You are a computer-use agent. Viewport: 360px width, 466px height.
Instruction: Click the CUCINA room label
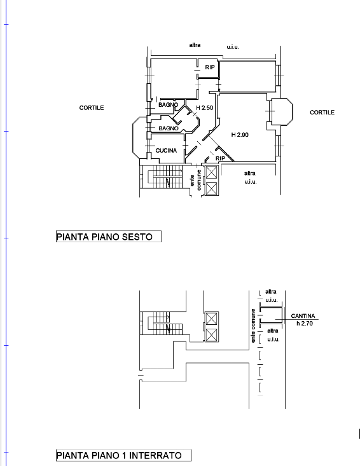pos(166,151)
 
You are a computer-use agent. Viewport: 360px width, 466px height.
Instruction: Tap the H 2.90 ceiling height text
pos(240,135)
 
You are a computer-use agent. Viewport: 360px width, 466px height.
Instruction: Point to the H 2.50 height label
pos(205,107)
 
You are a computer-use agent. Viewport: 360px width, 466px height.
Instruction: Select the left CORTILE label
pos(92,107)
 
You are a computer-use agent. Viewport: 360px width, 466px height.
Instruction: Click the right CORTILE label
pos(322,113)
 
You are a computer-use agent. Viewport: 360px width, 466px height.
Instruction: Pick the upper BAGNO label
pos(169,105)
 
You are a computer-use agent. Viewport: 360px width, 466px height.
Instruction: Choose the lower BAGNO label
pos(169,128)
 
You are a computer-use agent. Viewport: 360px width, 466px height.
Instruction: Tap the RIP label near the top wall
pos(210,67)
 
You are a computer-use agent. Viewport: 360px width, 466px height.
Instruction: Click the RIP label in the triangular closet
pos(220,158)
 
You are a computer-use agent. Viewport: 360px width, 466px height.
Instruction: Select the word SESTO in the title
pos(137,237)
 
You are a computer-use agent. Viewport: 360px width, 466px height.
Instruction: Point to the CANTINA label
pos(303,316)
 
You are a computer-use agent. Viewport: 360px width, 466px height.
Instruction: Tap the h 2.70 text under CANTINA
pos(305,324)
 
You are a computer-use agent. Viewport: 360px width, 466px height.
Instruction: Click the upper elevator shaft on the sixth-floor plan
pos(211,172)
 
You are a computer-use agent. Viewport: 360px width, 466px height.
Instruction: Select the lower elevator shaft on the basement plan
pos(211,335)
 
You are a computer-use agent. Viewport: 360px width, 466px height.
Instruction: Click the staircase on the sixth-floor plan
pos(162,177)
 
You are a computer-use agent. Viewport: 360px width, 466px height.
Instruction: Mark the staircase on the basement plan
pos(161,323)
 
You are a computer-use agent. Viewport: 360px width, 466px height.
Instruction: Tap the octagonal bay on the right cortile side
pos(281,112)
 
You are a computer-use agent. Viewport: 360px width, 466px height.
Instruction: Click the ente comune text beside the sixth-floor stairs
pos(195,180)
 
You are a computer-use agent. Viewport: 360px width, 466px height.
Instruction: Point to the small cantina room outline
pos(271,315)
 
